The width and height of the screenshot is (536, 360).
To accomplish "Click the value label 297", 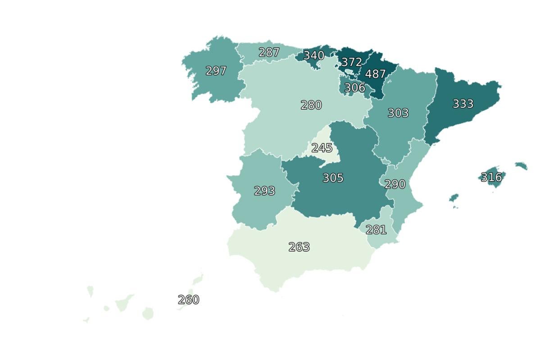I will (216, 71).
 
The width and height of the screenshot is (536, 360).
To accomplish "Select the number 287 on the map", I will (269, 52).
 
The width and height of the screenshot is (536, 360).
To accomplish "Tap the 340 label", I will (313, 55).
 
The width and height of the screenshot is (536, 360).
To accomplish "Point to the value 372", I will (351, 62).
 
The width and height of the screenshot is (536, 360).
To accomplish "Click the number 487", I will (375, 74).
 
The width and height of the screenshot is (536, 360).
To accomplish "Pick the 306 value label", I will (354, 88).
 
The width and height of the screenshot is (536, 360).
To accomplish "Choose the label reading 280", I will (311, 105).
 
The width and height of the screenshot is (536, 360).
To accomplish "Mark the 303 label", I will (398, 113).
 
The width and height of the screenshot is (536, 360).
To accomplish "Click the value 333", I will (463, 104).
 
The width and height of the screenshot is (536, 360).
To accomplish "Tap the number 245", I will (322, 148).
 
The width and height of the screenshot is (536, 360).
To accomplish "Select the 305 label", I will (333, 178).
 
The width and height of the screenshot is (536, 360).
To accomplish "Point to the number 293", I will (264, 191).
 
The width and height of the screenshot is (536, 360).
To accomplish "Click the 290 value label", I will (395, 184).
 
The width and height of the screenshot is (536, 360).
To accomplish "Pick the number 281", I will (376, 230).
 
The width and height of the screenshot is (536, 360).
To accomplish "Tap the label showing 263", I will (299, 247).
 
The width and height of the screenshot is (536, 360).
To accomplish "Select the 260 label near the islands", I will (188, 300).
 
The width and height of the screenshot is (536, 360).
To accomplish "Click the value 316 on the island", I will (491, 177).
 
